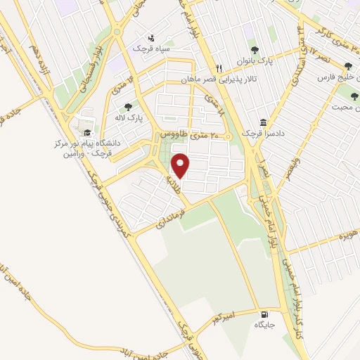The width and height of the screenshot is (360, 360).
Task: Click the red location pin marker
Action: coord(181,166)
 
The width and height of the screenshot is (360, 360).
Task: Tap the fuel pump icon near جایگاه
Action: coord(265,314)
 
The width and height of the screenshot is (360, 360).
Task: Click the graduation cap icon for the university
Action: coord(87,132)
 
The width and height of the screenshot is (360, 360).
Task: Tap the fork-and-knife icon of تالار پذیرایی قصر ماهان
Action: coord(219,68)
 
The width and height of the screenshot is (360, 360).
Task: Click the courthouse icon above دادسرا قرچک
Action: coord(263,122)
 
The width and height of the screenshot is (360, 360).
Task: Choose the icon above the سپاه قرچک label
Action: coord(150,38)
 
